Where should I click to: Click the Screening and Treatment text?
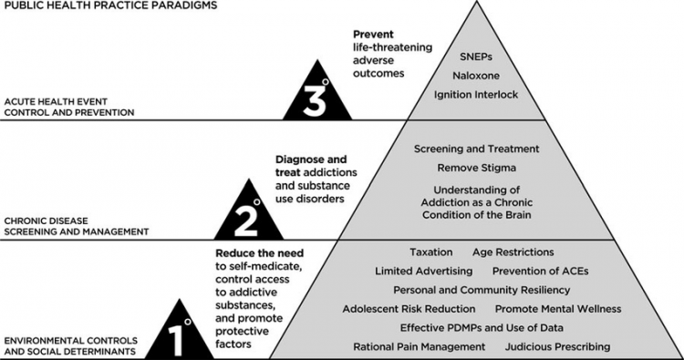tap(477, 149)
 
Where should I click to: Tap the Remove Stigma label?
tap(477, 169)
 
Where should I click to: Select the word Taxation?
tap(430, 252)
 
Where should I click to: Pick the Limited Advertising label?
tap(423, 271)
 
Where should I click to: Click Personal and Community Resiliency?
tap(482, 290)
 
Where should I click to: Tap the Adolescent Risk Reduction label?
tap(409, 309)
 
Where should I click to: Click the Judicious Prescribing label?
tap(557, 346)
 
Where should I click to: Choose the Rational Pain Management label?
tap(420, 346)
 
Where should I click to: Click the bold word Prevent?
tap(375, 36)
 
